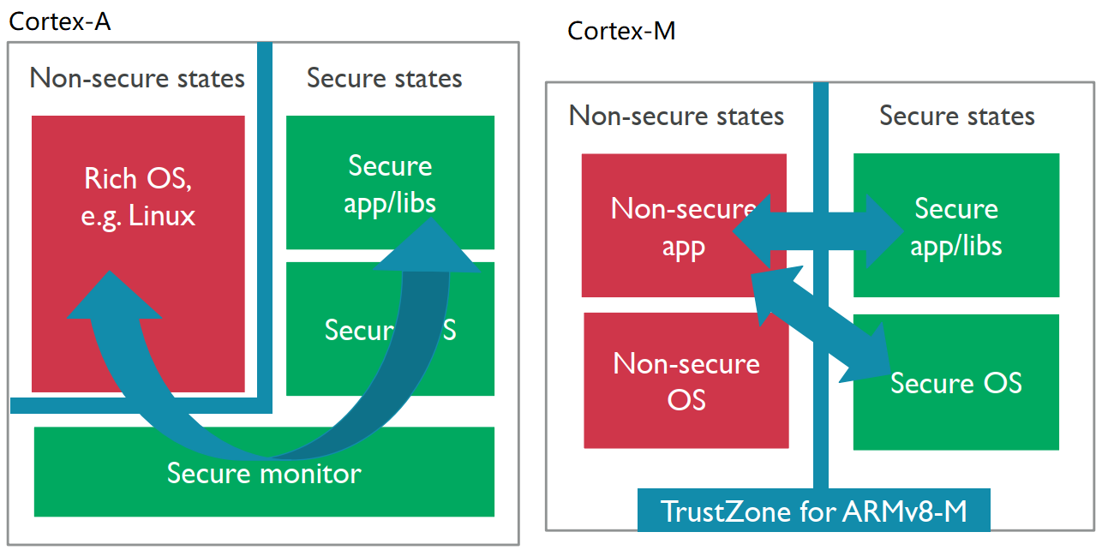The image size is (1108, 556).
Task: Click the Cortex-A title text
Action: pyautogui.click(x=60, y=21)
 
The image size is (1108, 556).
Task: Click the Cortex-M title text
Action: pyautogui.click(x=621, y=32)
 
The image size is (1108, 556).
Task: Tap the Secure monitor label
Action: pyautogui.click(x=264, y=473)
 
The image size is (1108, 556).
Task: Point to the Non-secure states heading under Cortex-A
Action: pyautogui.click(x=137, y=79)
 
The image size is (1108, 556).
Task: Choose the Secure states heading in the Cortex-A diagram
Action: pyautogui.click(x=384, y=79)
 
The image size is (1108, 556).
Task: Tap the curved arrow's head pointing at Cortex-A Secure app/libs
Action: pyautogui.click(x=428, y=248)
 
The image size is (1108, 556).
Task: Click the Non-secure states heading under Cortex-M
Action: pyautogui.click(x=676, y=116)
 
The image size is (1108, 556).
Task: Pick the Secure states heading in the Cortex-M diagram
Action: pyautogui.click(x=956, y=116)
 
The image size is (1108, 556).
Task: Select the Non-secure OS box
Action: pyautogui.click(x=686, y=380)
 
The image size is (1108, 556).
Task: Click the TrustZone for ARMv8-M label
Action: pyautogui.click(x=813, y=511)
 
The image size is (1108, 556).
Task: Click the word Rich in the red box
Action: pyautogui.click(x=109, y=179)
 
